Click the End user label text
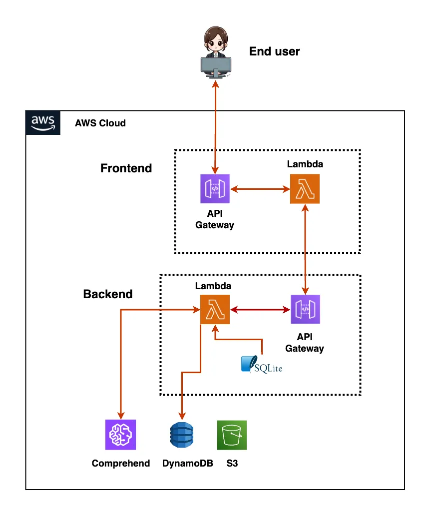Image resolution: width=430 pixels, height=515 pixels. pyautogui.click(x=274, y=51)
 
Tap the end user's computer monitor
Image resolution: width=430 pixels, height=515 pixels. pyautogui.click(x=216, y=65)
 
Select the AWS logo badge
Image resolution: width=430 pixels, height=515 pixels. pyautogui.click(x=43, y=123)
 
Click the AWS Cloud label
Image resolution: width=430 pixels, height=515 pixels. pyautogui.click(x=100, y=123)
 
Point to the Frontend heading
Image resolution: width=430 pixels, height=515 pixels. pyautogui.click(x=126, y=168)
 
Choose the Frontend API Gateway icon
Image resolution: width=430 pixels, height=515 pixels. pyautogui.click(x=215, y=189)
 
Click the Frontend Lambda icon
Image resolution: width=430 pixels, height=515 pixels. pyautogui.click(x=305, y=189)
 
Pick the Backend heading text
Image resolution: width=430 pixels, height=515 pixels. pyautogui.click(x=108, y=294)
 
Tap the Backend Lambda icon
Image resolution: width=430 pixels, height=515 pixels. pyautogui.click(x=215, y=310)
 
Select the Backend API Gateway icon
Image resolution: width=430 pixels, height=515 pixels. pyautogui.click(x=305, y=310)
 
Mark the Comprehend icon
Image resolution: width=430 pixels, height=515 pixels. pyautogui.click(x=120, y=435)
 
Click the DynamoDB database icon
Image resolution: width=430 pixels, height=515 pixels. pyautogui.click(x=181, y=435)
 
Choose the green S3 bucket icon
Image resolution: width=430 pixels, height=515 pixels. pyautogui.click(x=232, y=435)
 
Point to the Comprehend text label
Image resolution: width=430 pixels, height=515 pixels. pyautogui.click(x=120, y=463)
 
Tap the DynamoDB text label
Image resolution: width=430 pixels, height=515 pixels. pyautogui.click(x=188, y=463)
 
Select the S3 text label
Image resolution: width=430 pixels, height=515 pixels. pyautogui.click(x=232, y=463)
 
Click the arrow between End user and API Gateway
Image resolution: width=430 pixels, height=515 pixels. pyautogui.click(x=215, y=125)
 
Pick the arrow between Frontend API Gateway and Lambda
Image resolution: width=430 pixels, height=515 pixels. pyautogui.click(x=260, y=189)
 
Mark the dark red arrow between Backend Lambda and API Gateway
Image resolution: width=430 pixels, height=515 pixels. pyautogui.click(x=260, y=310)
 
